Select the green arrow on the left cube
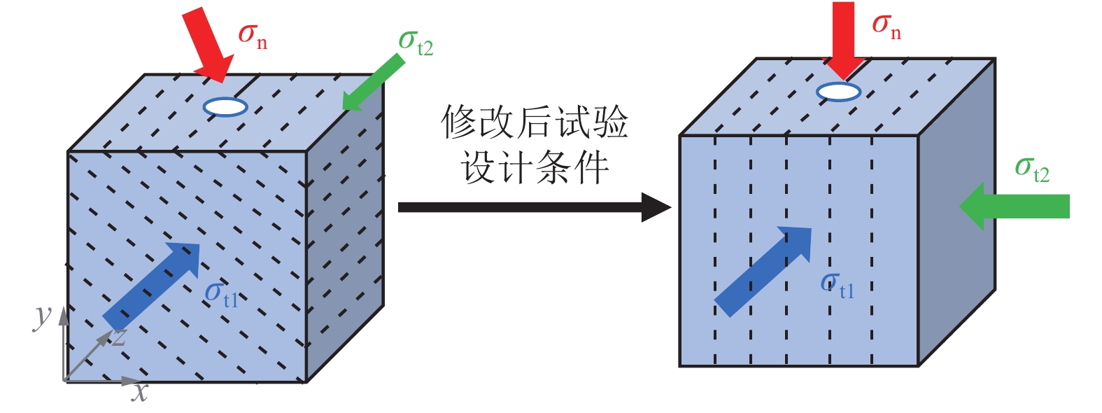[374, 85]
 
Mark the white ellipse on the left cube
[225, 107]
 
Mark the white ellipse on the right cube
[838, 92]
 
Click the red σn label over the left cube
[253, 35]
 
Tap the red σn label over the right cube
[886, 26]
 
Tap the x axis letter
[140, 392]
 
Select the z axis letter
[120, 337]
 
